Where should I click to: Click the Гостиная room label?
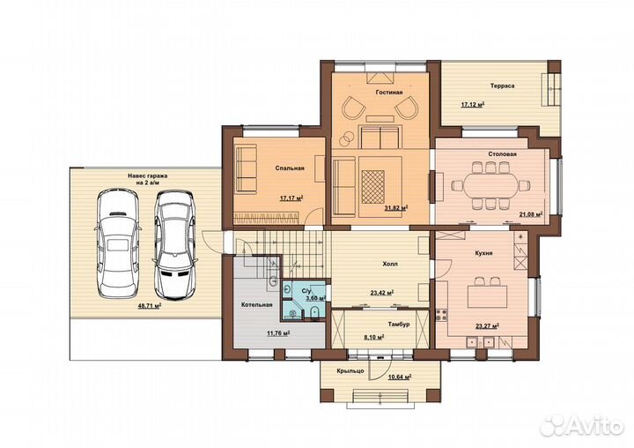pyautogui.click(x=389, y=93)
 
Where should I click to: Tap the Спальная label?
pyautogui.click(x=290, y=168)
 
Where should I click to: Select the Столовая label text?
pyautogui.click(x=502, y=154)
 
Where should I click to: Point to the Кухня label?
pyautogui.click(x=483, y=253)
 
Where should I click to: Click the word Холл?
pyautogui.click(x=390, y=264)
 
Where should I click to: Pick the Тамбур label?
pyautogui.click(x=399, y=324)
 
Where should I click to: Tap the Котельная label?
pyautogui.click(x=257, y=304)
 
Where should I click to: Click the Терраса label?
pyautogui.click(x=502, y=86)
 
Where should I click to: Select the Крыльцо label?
pyautogui.click(x=350, y=371)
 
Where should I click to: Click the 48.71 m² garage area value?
pyautogui.click(x=150, y=306)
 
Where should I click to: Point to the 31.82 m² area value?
pyautogui.click(x=396, y=208)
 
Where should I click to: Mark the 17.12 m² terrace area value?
pyautogui.click(x=473, y=104)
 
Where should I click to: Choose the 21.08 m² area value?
pyautogui.click(x=531, y=214)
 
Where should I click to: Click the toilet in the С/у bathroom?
pyautogui.click(x=314, y=312)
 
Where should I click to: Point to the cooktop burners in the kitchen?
pyautogui.click(x=441, y=315)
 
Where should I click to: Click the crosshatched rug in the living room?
pyautogui.click(x=372, y=187)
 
